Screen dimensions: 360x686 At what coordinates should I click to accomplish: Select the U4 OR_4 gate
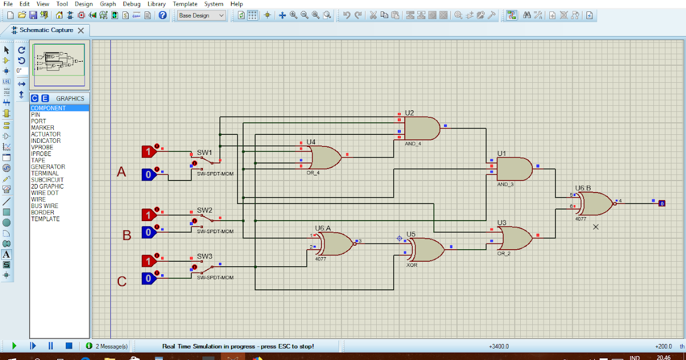pyautogui.click(x=324, y=157)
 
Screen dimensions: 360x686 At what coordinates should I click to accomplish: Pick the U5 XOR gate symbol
pyautogui.click(x=426, y=249)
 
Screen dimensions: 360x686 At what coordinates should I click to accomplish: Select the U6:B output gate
pyautogui.click(x=595, y=203)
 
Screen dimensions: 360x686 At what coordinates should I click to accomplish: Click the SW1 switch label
pyautogui.click(x=205, y=153)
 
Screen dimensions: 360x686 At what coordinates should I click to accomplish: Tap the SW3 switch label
pyautogui.click(x=205, y=256)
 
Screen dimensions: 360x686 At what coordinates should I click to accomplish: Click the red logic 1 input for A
pyautogui.click(x=149, y=151)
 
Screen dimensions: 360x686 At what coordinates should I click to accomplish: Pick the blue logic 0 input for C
pyautogui.click(x=149, y=278)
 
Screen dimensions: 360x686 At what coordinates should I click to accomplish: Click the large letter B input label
pyautogui.click(x=127, y=235)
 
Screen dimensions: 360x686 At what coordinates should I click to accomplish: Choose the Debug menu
pyautogui.click(x=131, y=4)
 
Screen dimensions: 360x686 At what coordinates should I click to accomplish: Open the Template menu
pyautogui.click(x=185, y=4)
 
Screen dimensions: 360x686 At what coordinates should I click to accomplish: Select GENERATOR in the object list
pyautogui.click(x=48, y=167)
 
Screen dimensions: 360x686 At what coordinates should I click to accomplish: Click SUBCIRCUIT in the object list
pyautogui.click(x=47, y=180)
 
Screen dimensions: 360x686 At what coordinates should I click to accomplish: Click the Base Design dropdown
pyautogui.click(x=201, y=15)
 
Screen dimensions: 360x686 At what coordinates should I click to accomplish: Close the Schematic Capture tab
pyautogui.click(x=81, y=30)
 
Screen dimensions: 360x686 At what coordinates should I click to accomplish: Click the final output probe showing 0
pyautogui.click(x=661, y=203)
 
